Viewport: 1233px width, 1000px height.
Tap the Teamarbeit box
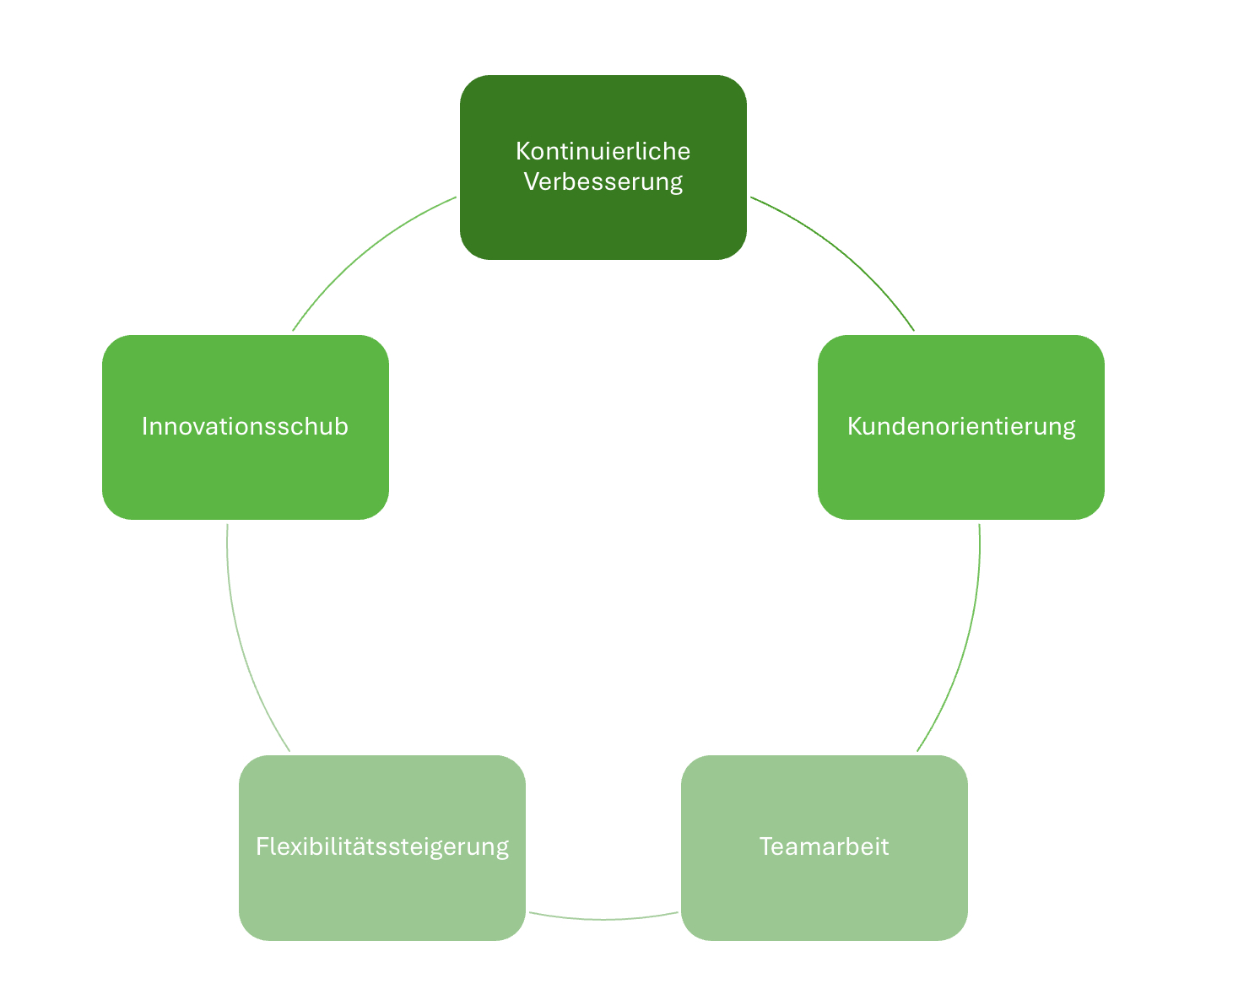[824, 895]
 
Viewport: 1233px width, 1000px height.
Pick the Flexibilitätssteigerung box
[381, 895]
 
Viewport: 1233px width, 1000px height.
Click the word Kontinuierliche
[603, 151]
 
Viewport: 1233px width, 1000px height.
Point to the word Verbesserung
[603, 181]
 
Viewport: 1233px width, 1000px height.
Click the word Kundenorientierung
[960, 426]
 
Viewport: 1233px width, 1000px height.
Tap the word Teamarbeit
[824, 846]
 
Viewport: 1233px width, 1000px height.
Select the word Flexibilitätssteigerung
[381, 846]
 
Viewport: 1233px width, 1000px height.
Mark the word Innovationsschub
[245, 426]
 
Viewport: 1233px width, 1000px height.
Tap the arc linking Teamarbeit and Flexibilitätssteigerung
[603, 919]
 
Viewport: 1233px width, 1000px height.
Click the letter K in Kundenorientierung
[853, 426]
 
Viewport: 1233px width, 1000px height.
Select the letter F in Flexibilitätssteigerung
[262, 846]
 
